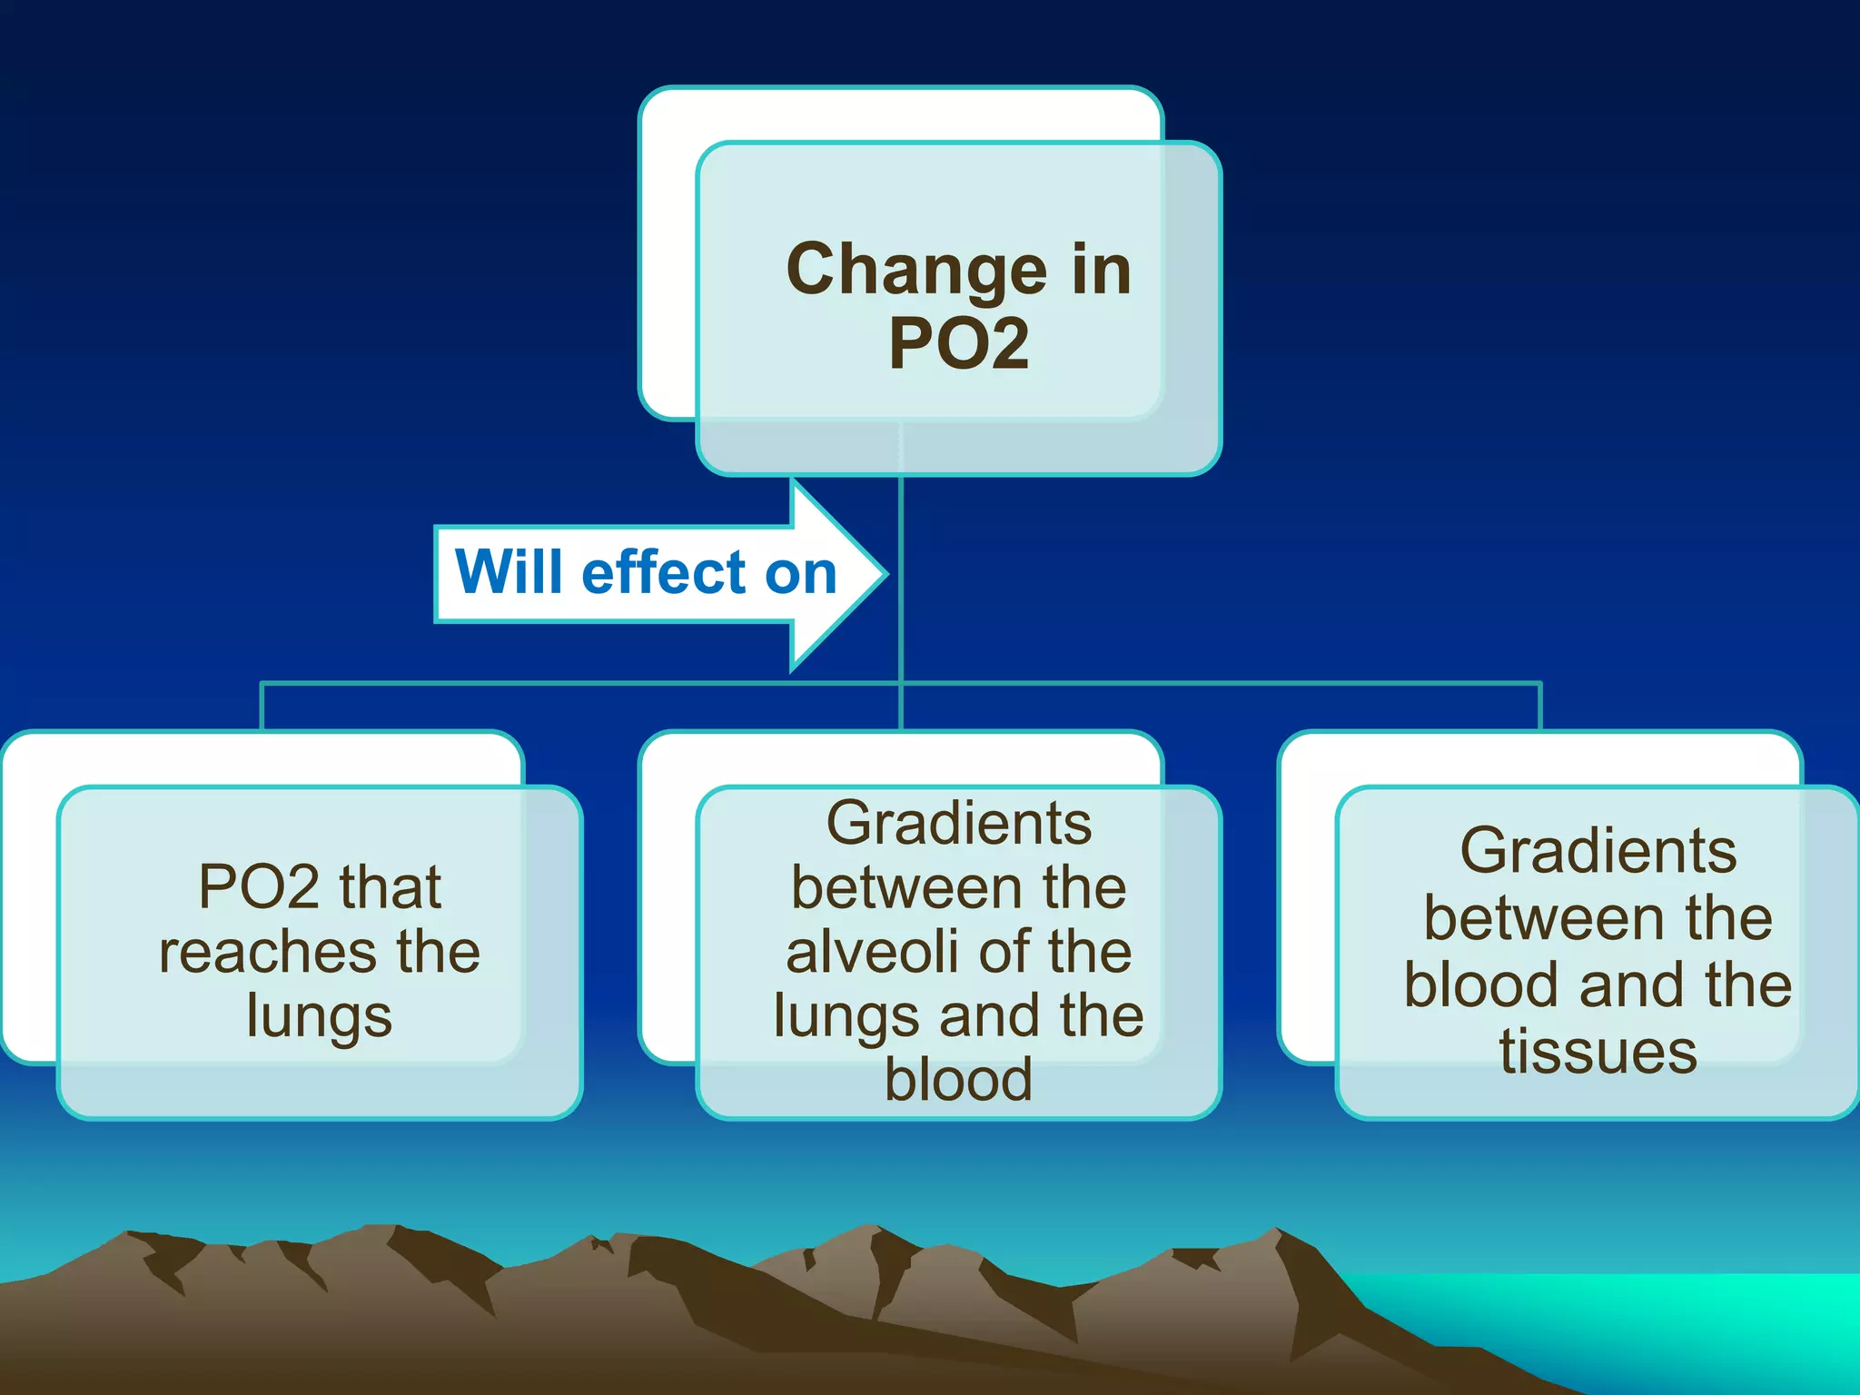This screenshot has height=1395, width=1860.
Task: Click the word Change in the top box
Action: point(916,271)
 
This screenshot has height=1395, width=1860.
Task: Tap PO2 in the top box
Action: point(959,343)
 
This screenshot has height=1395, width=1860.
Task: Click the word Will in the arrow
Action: point(509,573)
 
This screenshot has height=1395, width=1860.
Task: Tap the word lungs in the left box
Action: point(319,1016)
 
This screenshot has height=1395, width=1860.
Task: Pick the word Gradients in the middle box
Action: point(959,823)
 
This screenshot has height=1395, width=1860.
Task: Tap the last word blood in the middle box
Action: point(959,1080)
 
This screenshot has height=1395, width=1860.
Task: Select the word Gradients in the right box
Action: point(1598,851)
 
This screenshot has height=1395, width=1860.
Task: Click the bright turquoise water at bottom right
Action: point(1680,1317)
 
